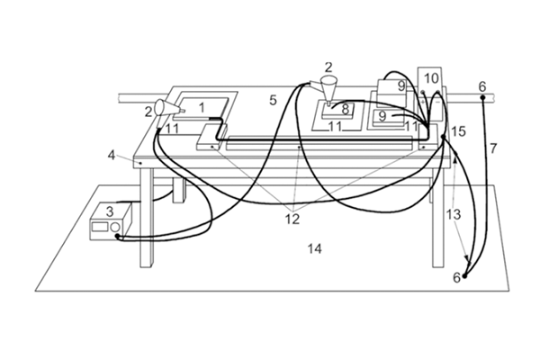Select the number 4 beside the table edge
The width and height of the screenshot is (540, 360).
point(112,155)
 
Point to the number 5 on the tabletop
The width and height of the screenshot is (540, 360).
point(272,99)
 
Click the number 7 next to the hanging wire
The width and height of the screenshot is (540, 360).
point(492,146)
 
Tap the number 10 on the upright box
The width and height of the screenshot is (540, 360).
point(431,77)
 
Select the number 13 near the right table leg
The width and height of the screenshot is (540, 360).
point(454,214)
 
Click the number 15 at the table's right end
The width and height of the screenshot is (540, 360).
point(459,131)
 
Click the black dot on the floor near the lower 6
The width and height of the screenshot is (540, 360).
point(466,276)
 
